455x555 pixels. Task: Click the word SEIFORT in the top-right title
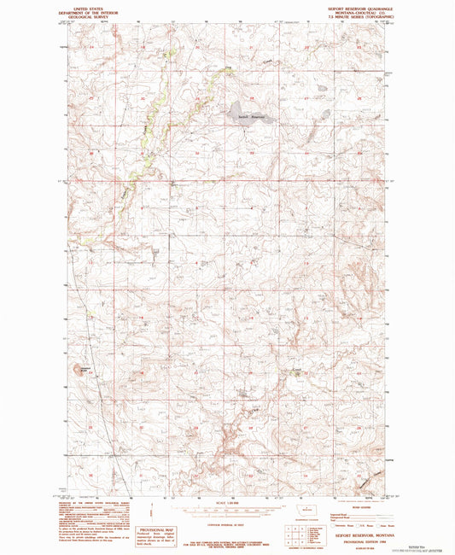[x=337, y=6]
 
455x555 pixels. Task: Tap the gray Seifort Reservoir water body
[x=249, y=114]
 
